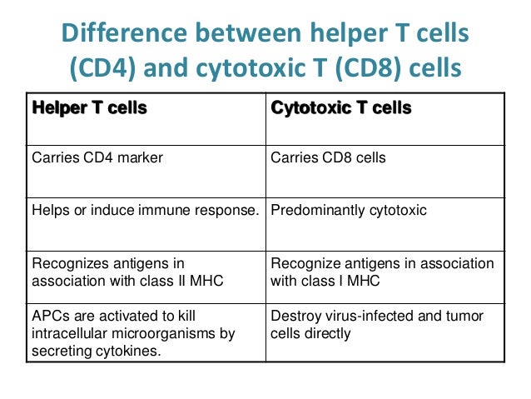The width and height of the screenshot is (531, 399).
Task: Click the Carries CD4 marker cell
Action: (97, 157)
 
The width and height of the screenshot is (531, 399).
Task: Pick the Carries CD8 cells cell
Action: (328, 157)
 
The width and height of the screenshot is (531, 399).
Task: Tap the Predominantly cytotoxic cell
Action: (349, 210)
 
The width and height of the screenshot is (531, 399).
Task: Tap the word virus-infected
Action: (368, 317)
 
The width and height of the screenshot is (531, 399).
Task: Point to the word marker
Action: (139, 157)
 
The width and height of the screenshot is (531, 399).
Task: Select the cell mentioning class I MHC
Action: (382, 272)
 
